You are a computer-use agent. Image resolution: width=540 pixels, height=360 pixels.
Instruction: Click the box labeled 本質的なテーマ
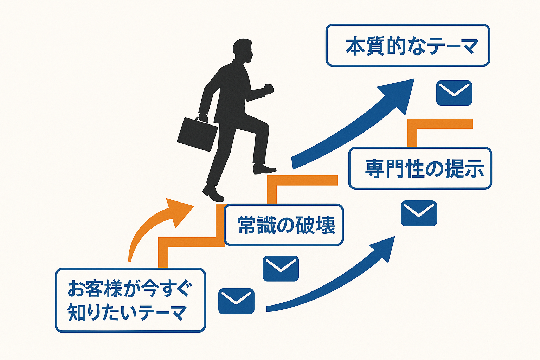pyautogui.click(x=408, y=45)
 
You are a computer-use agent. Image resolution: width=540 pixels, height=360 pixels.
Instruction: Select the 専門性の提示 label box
pyautogui.click(x=420, y=168)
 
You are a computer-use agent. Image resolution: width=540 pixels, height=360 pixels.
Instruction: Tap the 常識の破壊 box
pyautogui.click(x=284, y=225)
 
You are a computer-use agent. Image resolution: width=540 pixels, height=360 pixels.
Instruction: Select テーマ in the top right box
pyautogui.click(x=454, y=47)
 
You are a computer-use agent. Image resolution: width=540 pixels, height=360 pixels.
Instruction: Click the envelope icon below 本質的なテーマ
pyautogui.click(x=454, y=93)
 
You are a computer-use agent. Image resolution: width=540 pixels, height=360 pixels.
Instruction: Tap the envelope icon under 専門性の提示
pyautogui.click(x=419, y=213)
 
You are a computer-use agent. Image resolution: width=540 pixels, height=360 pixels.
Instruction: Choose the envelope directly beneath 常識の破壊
pyautogui.click(x=281, y=268)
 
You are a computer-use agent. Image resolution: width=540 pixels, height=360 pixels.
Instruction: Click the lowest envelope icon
pyautogui.click(x=236, y=301)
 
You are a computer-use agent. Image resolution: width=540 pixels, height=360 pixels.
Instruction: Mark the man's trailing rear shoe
pyautogui.click(x=213, y=193)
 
